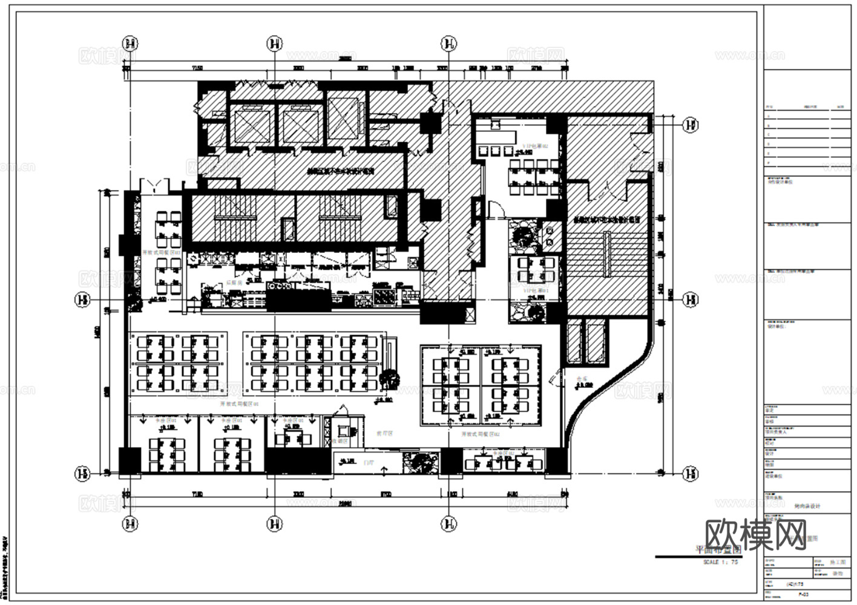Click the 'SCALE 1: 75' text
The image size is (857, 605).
pyautogui.click(x=720, y=562)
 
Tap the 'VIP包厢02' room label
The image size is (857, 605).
pyautogui.click(x=535, y=146)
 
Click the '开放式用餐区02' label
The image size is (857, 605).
pyautogui.click(x=481, y=434)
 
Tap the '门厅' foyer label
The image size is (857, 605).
pyautogui.click(x=368, y=462)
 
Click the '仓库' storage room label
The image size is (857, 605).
pyautogui.click(x=582, y=377)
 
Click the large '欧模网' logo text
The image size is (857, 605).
pyautogui.click(x=757, y=535)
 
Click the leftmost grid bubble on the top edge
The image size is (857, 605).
pyautogui.click(x=130, y=44)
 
